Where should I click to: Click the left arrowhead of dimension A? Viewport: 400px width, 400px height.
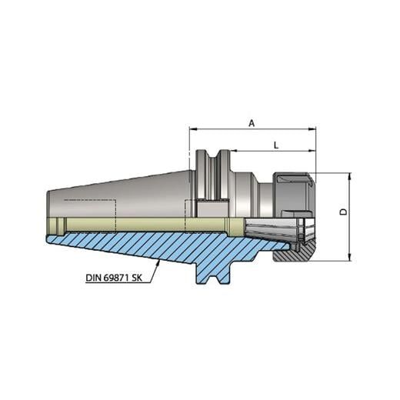tap(192, 129)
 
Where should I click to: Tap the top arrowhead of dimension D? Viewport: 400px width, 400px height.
tap(350, 176)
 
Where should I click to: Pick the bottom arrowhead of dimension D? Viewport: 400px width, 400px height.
tap(350, 259)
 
